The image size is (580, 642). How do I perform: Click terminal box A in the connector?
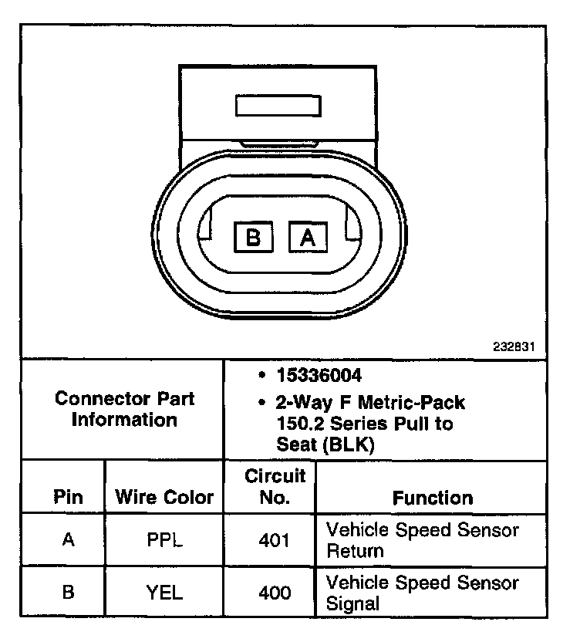[x=308, y=237]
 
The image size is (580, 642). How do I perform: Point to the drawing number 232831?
[x=514, y=346]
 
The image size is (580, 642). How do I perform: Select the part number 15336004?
[x=319, y=376]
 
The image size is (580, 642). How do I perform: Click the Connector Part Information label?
[x=125, y=409]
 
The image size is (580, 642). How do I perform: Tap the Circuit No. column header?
[x=275, y=486]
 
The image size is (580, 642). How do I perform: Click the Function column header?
[x=433, y=498]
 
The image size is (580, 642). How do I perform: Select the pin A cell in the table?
[x=68, y=540]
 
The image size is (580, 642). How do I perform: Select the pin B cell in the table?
[x=68, y=593]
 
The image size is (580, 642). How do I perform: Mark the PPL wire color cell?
[x=164, y=540]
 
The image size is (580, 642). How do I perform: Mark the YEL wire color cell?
[x=164, y=593]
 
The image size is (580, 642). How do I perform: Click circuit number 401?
[x=275, y=540]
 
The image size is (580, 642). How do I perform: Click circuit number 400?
[x=275, y=593]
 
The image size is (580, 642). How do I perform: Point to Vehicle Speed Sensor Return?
[x=423, y=540]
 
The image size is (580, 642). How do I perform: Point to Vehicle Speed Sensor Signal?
[x=423, y=593]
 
